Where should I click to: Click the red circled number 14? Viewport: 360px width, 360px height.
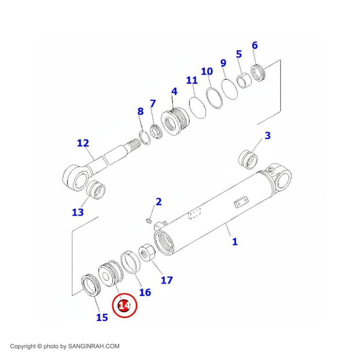click(x=125, y=306)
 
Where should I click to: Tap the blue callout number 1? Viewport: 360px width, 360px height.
click(x=235, y=241)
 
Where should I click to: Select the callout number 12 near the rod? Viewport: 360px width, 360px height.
click(x=83, y=143)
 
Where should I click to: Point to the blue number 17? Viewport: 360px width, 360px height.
click(x=167, y=279)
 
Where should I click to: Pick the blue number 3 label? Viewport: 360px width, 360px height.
click(x=267, y=136)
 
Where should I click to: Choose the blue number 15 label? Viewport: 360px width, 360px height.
click(x=102, y=317)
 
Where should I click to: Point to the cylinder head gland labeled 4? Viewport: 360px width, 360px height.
click(x=175, y=122)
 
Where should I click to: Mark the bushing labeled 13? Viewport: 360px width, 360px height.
click(x=96, y=190)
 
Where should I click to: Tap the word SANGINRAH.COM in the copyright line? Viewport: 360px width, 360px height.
click(x=94, y=347)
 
